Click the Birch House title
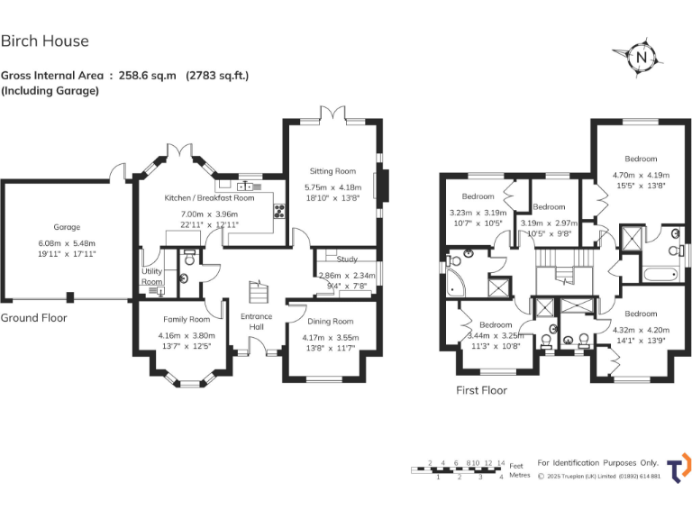pos(45,41)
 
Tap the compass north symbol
pos(642,58)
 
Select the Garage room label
pos(67,227)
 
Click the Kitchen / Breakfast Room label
pos(209,197)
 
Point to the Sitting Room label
pos(332,171)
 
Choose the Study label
pos(347,259)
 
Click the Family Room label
pos(187,319)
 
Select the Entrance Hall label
pos(256,322)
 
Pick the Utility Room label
pos(151,277)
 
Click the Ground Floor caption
pos(33,318)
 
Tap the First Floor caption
pos(481,390)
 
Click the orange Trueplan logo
pos(682,466)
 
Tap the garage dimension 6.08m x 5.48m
pos(67,243)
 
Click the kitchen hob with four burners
pos(279,213)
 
